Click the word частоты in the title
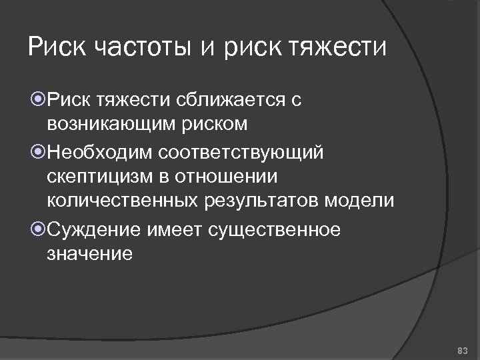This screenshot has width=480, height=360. click(x=147, y=47)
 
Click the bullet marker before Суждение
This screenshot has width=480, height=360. click(x=38, y=231)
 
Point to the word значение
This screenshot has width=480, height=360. click(x=90, y=255)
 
